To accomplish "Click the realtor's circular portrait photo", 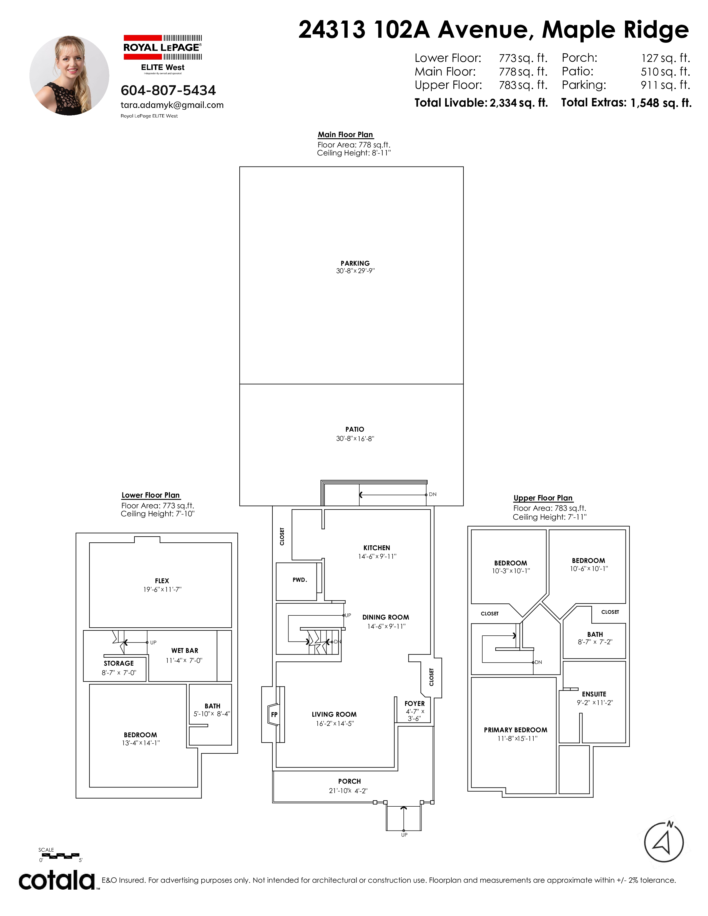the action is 69,76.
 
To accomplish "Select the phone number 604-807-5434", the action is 168,90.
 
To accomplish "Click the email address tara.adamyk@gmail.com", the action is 172,105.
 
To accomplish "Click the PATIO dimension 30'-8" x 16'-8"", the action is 355,439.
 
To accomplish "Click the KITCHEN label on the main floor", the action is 377,548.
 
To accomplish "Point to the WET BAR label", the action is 185,651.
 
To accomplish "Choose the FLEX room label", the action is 162,581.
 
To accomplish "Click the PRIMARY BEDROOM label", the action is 516,730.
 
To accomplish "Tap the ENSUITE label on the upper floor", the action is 594,694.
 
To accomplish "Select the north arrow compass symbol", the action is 664,842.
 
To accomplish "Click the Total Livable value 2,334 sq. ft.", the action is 519,103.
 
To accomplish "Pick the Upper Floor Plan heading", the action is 543,498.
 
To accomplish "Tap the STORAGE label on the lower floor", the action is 119,663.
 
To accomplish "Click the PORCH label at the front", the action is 349,781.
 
